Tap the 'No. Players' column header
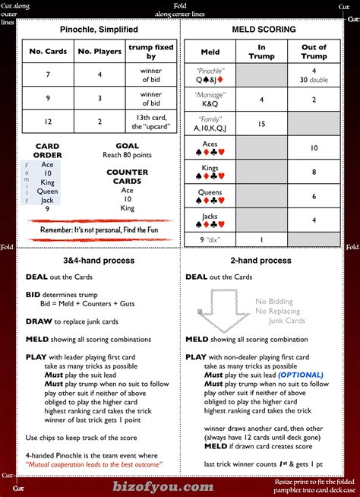point(95,52)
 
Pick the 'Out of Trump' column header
point(314,52)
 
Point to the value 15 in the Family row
point(261,124)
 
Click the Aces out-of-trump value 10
point(314,148)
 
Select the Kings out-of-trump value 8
point(314,173)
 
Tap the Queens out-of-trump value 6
point(314,197)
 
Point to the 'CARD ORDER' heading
point(48,150)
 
